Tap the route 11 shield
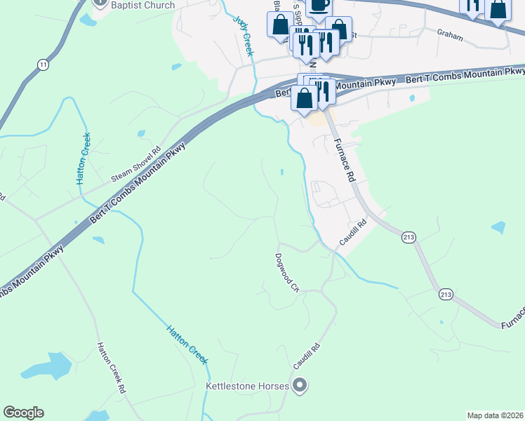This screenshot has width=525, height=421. [x=44, y=65]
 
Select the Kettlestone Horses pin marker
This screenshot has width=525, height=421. [x=300, y=385]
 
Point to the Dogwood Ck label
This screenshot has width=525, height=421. [x=287, y=273]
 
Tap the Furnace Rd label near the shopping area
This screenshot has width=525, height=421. [x=343, y=160]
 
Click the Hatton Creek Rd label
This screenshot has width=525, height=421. [x=112, y=368]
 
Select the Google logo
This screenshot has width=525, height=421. [x=23, y=413]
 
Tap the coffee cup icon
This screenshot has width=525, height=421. [x=319, y=5]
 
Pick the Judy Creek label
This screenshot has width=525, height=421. [x=245, y=36]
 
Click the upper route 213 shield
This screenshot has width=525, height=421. [x=408, y=237]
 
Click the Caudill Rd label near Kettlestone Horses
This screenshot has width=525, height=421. [x=306, y=357]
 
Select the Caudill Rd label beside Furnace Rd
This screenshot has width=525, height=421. [x=353, y=233]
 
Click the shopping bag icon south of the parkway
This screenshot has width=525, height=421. [x=305, y=99]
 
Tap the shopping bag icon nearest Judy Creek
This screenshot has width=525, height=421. [x=279, y=25]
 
